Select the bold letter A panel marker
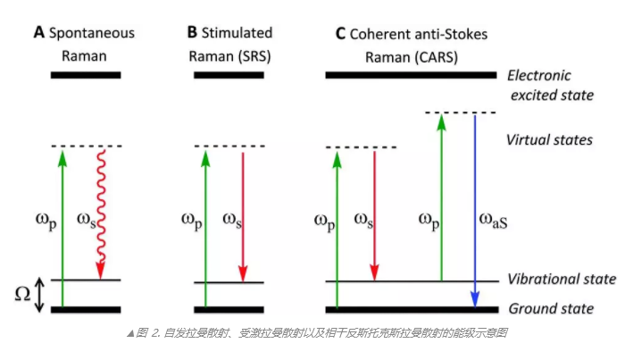[37, 33]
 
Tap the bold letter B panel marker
[192, 33]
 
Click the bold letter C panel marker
[339, 34]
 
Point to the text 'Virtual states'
[549, 140]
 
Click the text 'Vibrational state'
[561, 279]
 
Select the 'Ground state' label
[550, 309]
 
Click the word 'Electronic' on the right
[538, 75]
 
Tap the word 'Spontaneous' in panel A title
[93, 33]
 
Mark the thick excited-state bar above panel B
[229, 75]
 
